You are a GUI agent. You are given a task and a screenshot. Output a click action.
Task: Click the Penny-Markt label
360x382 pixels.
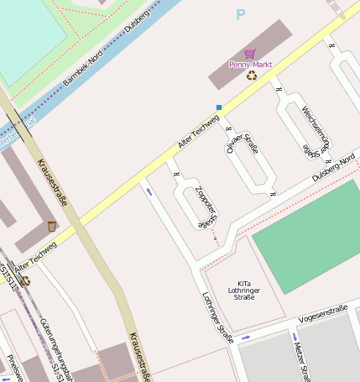point(251,64)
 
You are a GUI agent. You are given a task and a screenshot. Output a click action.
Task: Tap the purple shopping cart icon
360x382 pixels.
point(250,53)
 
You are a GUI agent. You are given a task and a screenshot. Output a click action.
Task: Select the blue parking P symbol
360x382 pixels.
point(241,14)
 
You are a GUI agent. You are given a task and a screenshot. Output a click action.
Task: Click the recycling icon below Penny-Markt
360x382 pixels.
point(251,76)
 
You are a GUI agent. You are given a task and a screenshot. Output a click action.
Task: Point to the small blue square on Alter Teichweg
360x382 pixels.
point(219,107)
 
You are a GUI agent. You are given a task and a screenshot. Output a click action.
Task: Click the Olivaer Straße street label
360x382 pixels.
point(242,140)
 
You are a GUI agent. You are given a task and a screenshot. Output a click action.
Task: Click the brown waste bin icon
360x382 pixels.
point(52,226)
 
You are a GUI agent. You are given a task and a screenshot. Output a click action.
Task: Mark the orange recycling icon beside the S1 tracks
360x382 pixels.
point(25,280)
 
